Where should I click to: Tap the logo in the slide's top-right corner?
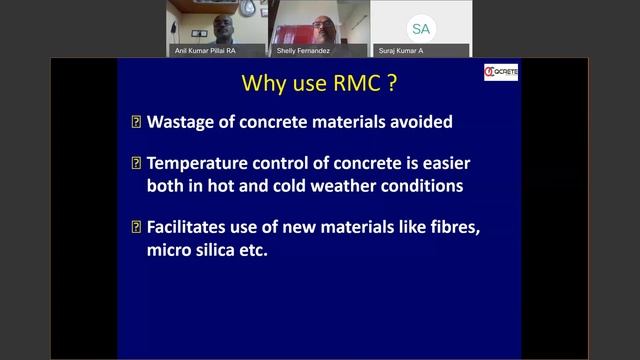click(500, 73)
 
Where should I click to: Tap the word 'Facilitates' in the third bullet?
click(193, 227)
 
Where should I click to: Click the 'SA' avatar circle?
click(417, 26)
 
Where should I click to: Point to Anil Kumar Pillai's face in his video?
click(217, 18)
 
